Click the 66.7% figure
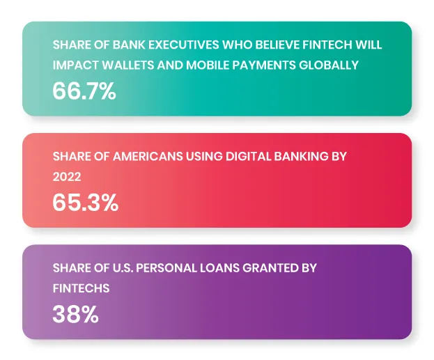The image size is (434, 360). (84, 91)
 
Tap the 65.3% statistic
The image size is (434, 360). (86, 203)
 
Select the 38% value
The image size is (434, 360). (75, 314)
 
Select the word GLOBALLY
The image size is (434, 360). (329, 65)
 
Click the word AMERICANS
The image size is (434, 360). (148, 157)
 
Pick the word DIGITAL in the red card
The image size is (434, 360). (248, 157)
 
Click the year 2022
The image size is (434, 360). (67, 177)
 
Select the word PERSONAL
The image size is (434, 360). (166, 268)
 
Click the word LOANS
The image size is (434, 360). (219, 268)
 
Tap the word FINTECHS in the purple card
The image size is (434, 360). (81, 288)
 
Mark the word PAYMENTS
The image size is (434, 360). (264, 65)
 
